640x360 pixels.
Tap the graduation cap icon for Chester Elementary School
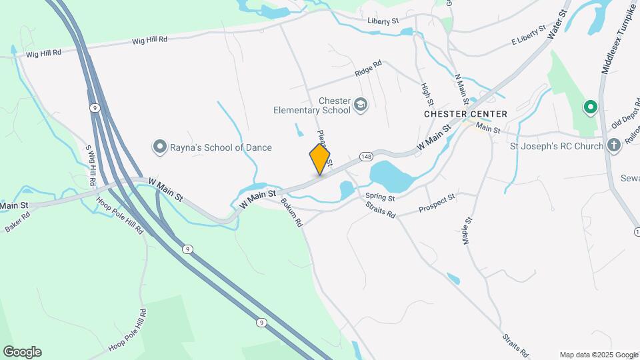coord(361,105)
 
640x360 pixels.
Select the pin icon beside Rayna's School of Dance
coord(160,147)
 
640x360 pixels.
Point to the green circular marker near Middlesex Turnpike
coord(590,107)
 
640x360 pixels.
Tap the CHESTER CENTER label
coord(465,114)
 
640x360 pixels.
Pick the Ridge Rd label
coord(368,67)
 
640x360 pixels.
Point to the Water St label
coord(559,23)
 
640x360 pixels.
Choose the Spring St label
coord(381,198)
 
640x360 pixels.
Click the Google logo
coord(22,352)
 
